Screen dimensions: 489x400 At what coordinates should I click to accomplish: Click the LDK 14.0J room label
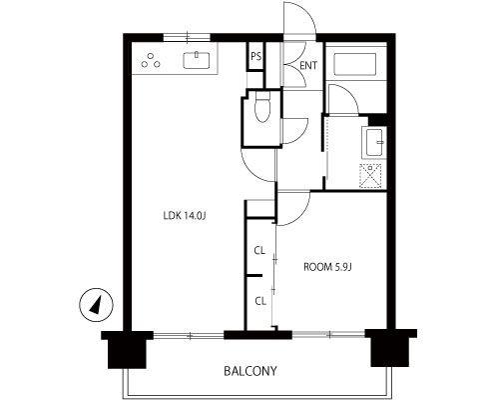(x=185, y=216)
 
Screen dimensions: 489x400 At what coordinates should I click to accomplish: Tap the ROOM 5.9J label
(x=327, y=267)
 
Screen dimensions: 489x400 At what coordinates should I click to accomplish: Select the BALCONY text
(x=250, y=371)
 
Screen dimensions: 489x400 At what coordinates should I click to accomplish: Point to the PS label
(x=255, y=57)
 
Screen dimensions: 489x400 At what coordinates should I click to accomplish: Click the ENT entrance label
(x=308, y=66)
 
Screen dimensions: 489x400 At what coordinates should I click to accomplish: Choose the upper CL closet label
(x=259, y=251)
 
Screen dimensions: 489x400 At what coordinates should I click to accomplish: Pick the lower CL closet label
(x=260, y=301)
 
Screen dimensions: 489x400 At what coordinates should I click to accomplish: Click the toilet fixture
(x=262, y=107)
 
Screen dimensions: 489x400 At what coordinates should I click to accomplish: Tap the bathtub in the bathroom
(x=354, y=64)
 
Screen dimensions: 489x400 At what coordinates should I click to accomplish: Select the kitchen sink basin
(x=197, y=60)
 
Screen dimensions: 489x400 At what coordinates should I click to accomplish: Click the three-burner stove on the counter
(x=151, y=61)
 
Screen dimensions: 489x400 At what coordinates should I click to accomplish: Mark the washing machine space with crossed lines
(x=371, y=176)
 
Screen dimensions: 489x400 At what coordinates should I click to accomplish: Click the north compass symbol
(x=96, y=305)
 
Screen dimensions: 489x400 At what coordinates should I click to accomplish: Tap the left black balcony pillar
(x=127, y=349)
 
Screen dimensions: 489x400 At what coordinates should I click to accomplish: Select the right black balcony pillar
(x=390, y=348)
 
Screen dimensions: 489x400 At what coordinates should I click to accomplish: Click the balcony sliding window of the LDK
(x=189, y=335)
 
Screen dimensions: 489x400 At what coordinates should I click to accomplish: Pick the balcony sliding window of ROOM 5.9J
(x=328, y=334)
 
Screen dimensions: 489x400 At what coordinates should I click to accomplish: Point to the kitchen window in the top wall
(x=187, y=37)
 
